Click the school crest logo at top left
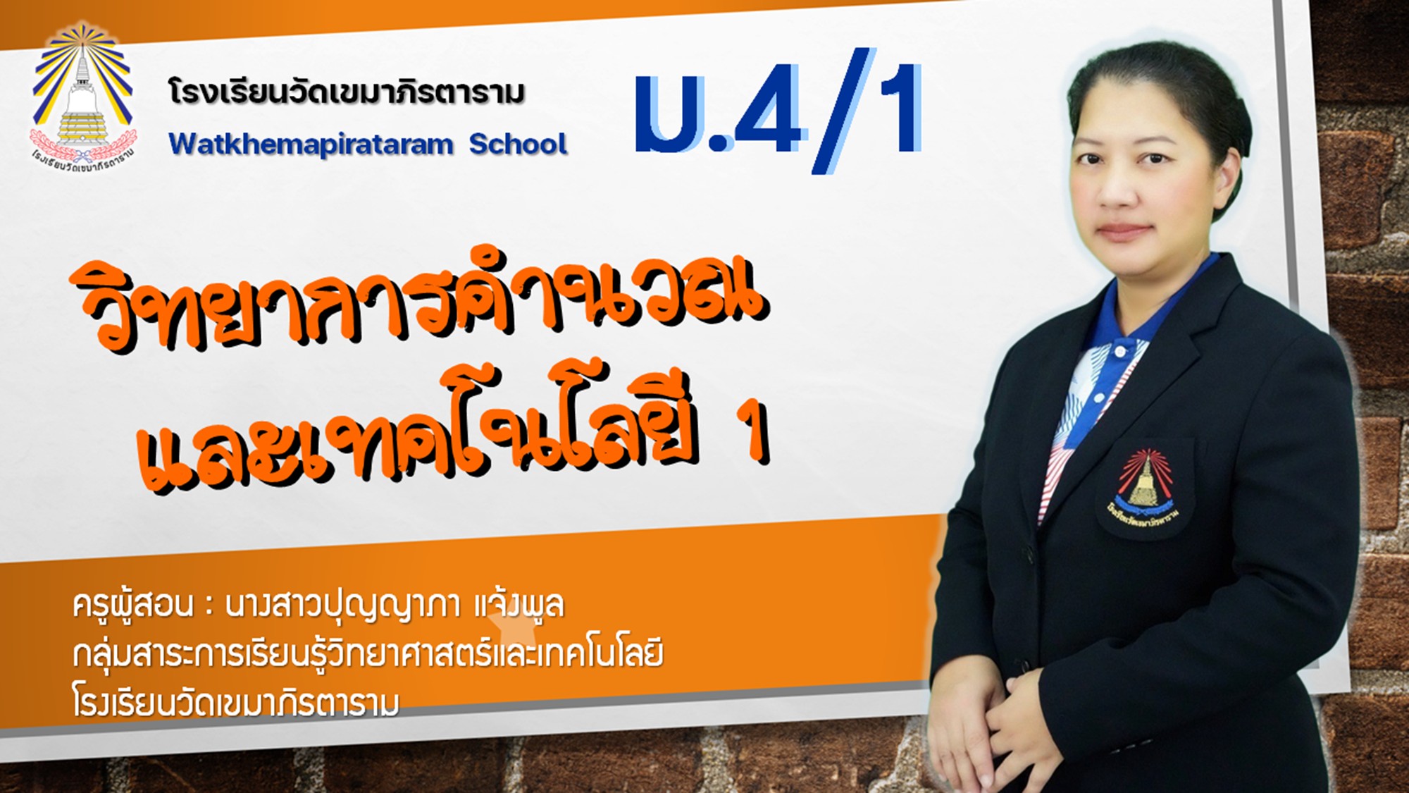pyautogui.click(x=83, y=99)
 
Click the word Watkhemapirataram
pyautogui.click(x=311, y=145)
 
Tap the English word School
pyautogui.click(x=518, y=144)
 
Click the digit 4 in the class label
pyautogui.click(x=767, y=109)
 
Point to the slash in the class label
pyautogui.click(x=843, y=109)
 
